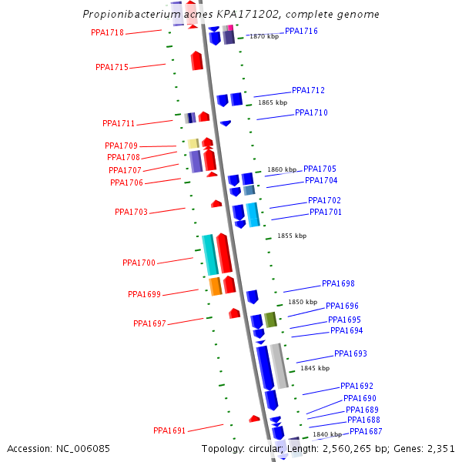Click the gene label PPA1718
107,32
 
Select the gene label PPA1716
301,31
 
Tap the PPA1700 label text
139,263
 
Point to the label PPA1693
350,353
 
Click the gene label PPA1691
169,430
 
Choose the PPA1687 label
366,431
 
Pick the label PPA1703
131,212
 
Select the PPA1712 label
308,90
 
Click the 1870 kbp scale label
264,36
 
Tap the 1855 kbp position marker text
292,236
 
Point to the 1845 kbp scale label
315,368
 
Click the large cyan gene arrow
209,255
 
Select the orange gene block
216,286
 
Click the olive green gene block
270,320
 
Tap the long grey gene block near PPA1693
279,365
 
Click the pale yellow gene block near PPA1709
193,143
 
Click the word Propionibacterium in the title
122,15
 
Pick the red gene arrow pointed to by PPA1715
197,61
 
